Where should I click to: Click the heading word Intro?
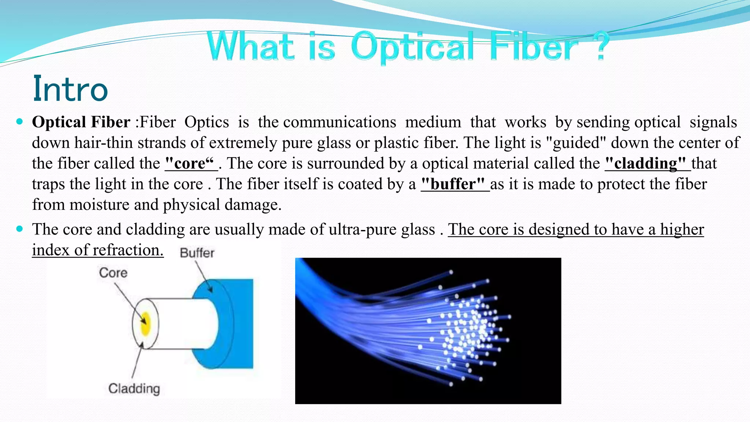pyautogui.click(x=70, y=89)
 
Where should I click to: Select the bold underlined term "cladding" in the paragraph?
pyautogui.click(x=645, y=163)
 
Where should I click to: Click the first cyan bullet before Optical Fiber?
pyautogui.click(x=20, y=121)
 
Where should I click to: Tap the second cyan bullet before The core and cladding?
pyautogui.click(x=20, y=229)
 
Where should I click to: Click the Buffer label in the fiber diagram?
pyautogui.click(x=197, y=253)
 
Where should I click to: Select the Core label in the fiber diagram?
pyautogui.click(x=113, y=273)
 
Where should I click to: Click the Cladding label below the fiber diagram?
pyautogui.click(x=134, y=388)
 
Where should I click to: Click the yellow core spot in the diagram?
pyautogui.click(x=145, y=323)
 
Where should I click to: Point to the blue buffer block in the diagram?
pyautogui.click(x=238, y=322)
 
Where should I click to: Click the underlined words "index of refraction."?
pyautogui.click(x=97, y=250)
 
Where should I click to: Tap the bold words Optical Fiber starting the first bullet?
pyautogui.click(x=81, y=122)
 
